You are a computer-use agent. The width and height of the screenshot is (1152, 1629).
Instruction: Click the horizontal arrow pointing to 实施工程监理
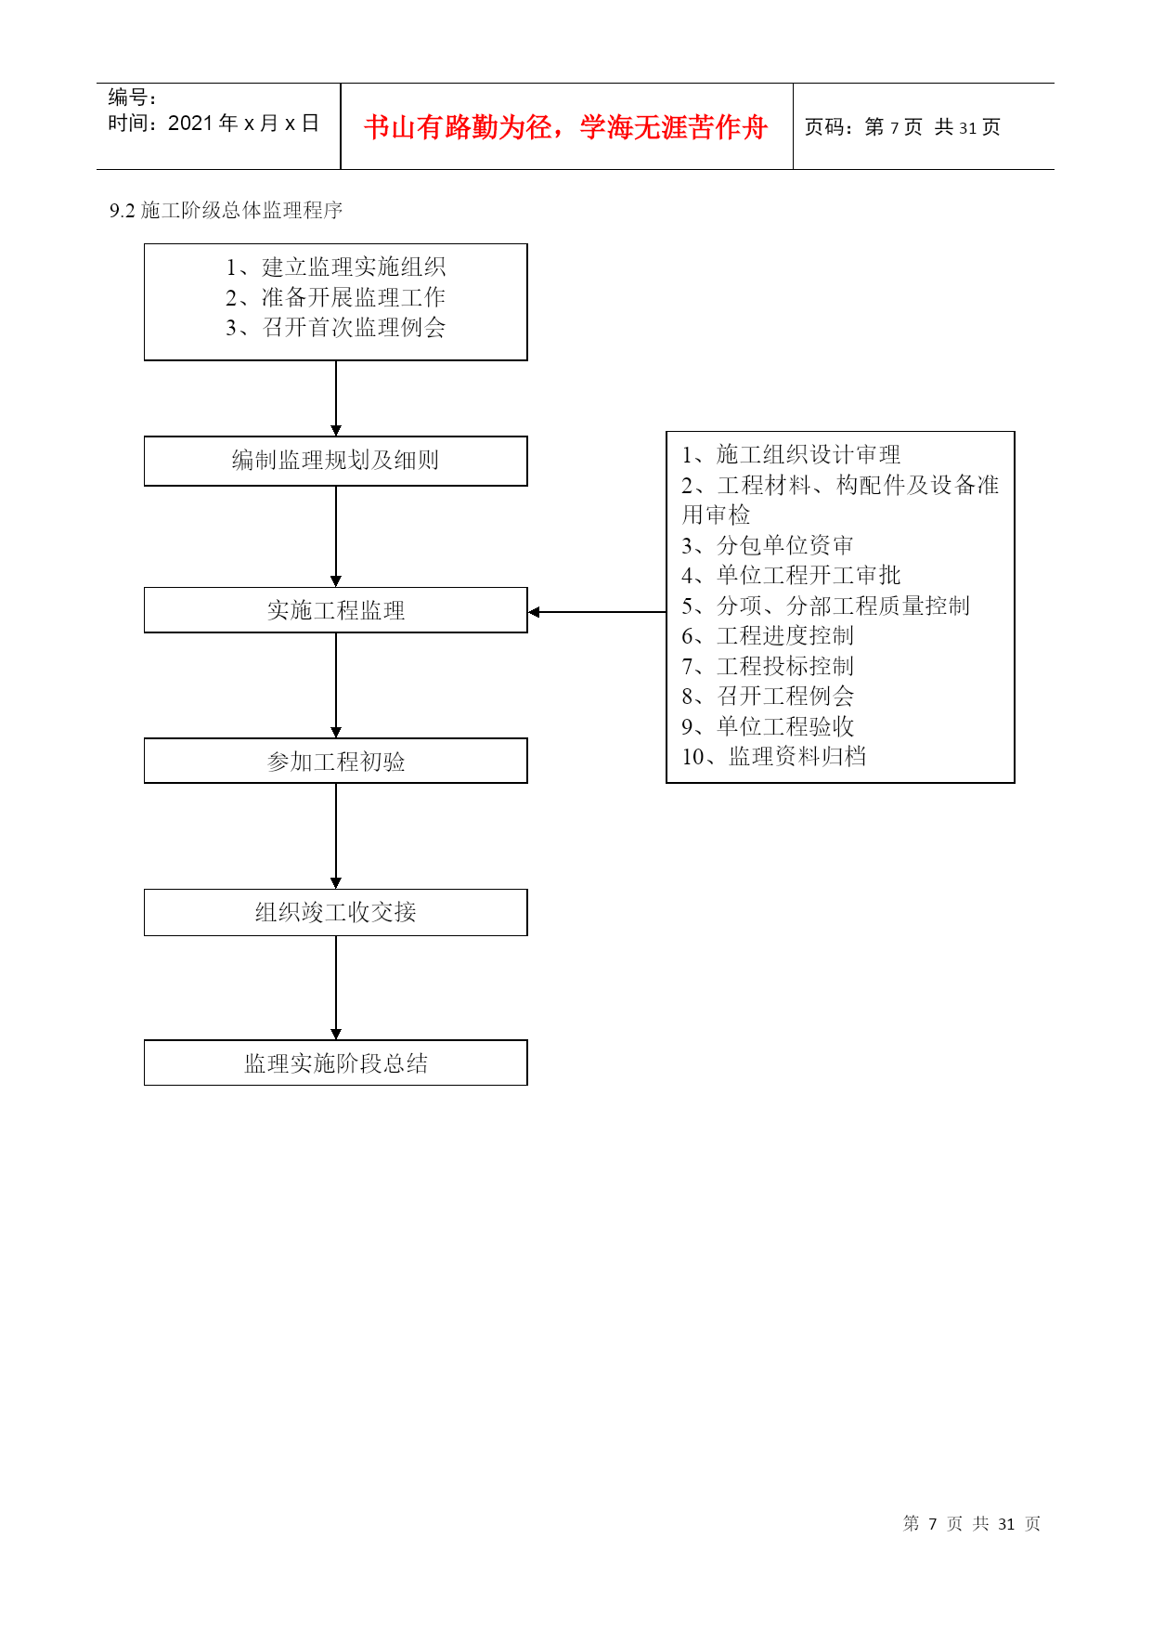click(597, 612)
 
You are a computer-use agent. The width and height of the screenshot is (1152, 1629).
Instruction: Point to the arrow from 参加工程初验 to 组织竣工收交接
click(336, 836)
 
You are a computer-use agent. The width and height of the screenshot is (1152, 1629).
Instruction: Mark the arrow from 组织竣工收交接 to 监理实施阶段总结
click(336, 987)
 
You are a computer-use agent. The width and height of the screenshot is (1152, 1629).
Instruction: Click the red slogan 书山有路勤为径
click(459, 127)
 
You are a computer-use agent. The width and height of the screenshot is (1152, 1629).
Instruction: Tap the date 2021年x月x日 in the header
click(243, 124)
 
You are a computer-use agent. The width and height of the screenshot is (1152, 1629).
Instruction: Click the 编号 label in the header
click(127, 97)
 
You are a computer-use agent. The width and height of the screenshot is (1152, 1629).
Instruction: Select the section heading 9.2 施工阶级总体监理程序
click(227, 211)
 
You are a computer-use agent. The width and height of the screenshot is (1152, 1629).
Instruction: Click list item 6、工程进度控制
click(768, 636)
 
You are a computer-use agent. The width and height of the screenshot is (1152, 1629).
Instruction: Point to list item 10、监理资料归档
click(774, 757)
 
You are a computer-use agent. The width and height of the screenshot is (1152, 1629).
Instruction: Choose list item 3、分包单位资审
click(768, 545)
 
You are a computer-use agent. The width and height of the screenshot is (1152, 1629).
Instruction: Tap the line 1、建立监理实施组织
click(336, 267)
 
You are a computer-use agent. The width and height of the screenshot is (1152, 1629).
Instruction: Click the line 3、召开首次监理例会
click(336, 328)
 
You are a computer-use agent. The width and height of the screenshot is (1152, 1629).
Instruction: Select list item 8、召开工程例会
click(768, 697)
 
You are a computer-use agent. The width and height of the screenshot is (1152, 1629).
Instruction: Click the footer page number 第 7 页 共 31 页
click(972, 1523)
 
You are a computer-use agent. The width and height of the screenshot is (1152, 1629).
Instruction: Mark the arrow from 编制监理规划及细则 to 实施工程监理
click(336, 536)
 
